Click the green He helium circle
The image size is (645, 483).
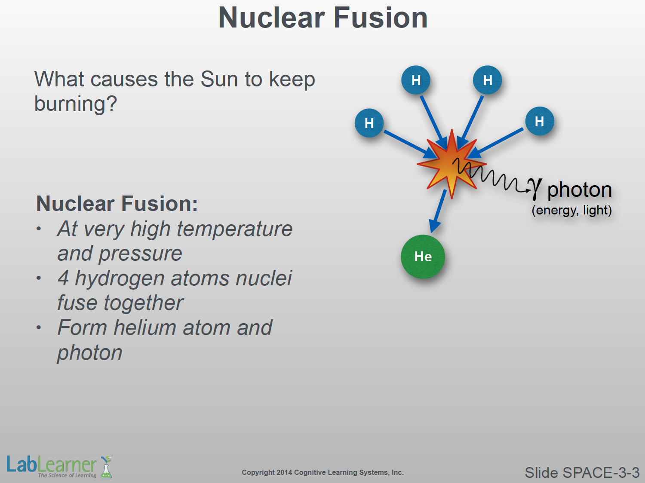[x=423, y=257]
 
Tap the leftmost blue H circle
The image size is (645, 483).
[x=369, y=123]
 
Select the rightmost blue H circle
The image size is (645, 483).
[x=540, y=121]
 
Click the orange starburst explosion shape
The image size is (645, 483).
[x=451, y=164]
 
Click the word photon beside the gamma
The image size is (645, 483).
[x=580, y=190]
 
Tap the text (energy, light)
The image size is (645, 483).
[x=572, y=210]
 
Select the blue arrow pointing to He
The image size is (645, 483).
[x=438, y=211]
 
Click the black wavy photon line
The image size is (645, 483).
[x=491, y=175]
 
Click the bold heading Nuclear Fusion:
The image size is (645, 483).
[x=117, y=204]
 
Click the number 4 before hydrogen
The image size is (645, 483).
[x=63, y=278]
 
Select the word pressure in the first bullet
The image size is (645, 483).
[x=140, y=254]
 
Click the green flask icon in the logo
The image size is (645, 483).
[x=106, y=467]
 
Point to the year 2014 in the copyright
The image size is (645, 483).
[x=284, y=472]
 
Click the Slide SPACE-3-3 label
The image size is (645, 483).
[x=582, y=473]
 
